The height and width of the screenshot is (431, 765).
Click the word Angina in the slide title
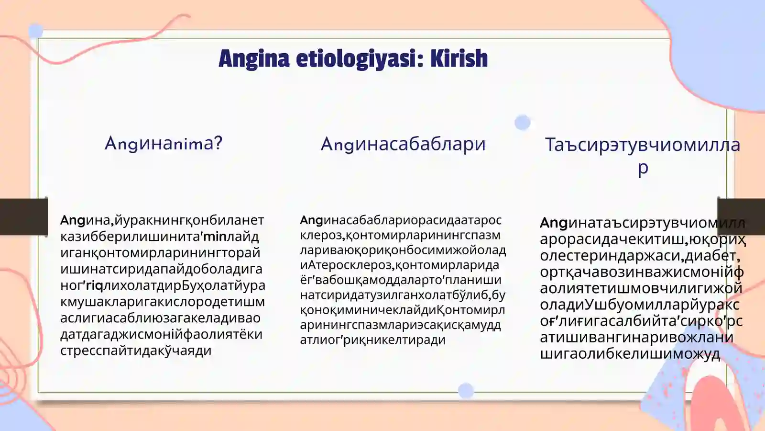(x=253, y=59)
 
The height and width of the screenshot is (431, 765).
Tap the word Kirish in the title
(x=459, y=58)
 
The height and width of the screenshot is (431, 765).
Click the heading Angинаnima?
(x=164, y=143)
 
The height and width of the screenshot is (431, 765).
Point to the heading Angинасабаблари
(x=403, y=144)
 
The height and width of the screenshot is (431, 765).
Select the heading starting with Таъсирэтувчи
(x=643, y=145)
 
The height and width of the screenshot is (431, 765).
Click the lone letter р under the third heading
(x=643, y=168)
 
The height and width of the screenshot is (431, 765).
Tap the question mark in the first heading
(x=218, y=143)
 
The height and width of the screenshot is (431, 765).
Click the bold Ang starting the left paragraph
(x=72, y=220)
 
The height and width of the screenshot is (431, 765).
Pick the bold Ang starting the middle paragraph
(x=311, y=220)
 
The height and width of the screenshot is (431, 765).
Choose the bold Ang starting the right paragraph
(x=554, y=223)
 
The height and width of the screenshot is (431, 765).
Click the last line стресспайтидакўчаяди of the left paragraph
(x=136, y=351)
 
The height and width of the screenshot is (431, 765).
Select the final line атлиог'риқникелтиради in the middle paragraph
(x=372, y=340)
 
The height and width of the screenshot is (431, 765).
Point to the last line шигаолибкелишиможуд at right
(x=630, y=354)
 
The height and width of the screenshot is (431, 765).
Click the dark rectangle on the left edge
(x=23, y=217)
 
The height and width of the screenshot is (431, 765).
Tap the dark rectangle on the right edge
(x=741, y=217)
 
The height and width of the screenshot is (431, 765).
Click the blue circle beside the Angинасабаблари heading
(x=523, y=123)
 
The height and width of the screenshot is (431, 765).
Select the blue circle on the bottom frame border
(x=466, y=391)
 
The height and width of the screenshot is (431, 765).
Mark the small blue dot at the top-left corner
(x=36, y=32)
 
